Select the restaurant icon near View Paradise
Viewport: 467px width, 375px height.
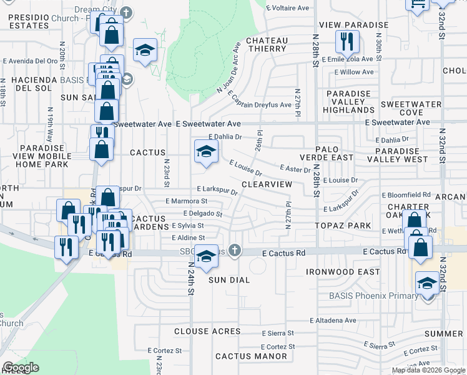pyautogui.click(x=345, y=42)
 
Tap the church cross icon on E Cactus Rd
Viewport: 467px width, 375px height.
pyautogui.click(x=235, y=251)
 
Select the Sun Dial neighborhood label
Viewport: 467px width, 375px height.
pyautogui.click(x=229, y=280)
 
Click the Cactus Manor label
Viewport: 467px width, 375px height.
pyautogui.click(x=251, y=357)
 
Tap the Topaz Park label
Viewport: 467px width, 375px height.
pyautogui.click(x=343, y=225)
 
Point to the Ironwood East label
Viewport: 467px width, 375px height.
pyautogui.click(x=343, y=272)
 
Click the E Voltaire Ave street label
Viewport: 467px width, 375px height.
pyautogui.click(x=287, y=8)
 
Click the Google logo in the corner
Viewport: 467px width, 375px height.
pyautogui.click(x=21, y=367)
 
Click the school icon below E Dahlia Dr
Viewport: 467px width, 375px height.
pyautogui.click(x=206, y=152)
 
